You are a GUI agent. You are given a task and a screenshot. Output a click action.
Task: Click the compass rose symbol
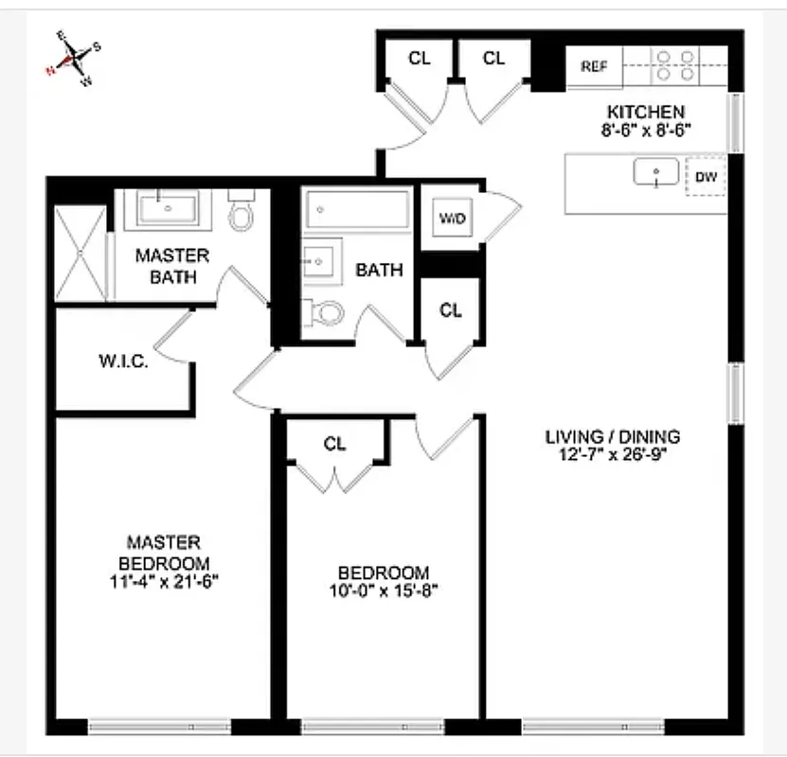73,59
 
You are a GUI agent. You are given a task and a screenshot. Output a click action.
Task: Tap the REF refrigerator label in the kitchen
594,66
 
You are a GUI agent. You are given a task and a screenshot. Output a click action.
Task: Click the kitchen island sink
656,173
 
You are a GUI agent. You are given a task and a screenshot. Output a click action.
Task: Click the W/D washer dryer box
452,219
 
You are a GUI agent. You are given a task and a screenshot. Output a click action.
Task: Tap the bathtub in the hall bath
356,209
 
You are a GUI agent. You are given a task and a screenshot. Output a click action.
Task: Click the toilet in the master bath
242,215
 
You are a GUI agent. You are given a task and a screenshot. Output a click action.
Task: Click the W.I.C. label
123,361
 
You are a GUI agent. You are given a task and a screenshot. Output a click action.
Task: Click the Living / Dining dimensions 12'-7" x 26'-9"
613,454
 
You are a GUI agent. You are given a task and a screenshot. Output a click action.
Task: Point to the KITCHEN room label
645,112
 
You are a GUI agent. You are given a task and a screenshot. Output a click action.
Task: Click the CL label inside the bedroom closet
334,444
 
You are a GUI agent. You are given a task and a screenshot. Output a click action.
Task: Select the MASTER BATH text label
171,266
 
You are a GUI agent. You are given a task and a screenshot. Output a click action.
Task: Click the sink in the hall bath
319,259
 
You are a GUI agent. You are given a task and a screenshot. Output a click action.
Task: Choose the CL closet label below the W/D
451,309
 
